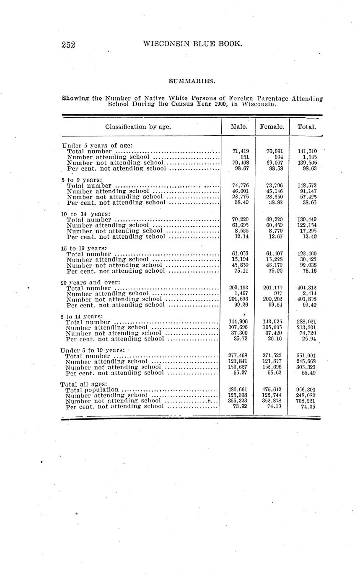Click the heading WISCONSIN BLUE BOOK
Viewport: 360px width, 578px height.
coord(192,43)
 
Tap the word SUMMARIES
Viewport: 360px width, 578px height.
coord(192,80)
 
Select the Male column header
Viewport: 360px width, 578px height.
coord(239,126)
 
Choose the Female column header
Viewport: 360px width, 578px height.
coord(272,126)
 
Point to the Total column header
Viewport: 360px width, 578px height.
coord(306,126)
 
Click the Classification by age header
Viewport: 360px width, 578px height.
coord(138,126)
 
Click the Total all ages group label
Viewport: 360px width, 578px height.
coord(84,384)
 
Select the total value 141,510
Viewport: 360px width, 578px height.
coord(307,151)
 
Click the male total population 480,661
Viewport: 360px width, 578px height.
coord(240,390)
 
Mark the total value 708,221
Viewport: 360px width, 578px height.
coord(307,400)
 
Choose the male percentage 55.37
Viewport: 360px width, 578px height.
coord(241,372)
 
